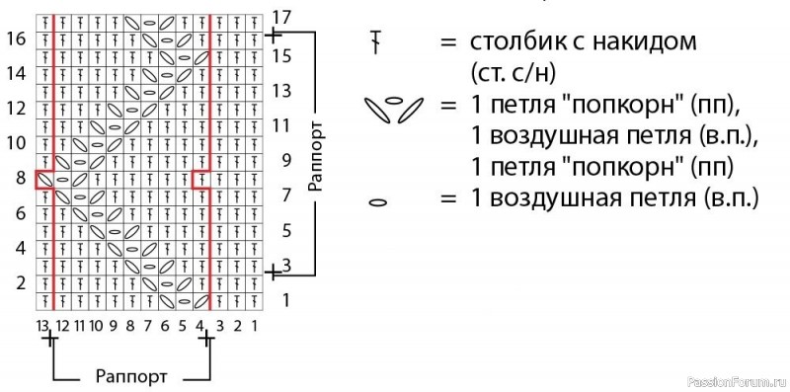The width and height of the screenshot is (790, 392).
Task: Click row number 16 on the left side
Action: (x=15, y=39)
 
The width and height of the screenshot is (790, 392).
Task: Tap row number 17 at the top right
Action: (x=282, y=17)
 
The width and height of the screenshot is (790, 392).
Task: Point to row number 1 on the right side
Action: (x=286, y=298)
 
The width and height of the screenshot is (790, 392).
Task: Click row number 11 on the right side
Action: (x=282, y=125)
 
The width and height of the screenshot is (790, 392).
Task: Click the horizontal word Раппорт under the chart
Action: (x=129, y=376)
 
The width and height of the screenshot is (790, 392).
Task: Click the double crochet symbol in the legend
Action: (x=375, y=42)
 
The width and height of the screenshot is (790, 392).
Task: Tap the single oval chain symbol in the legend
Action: (x=375, y=201)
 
